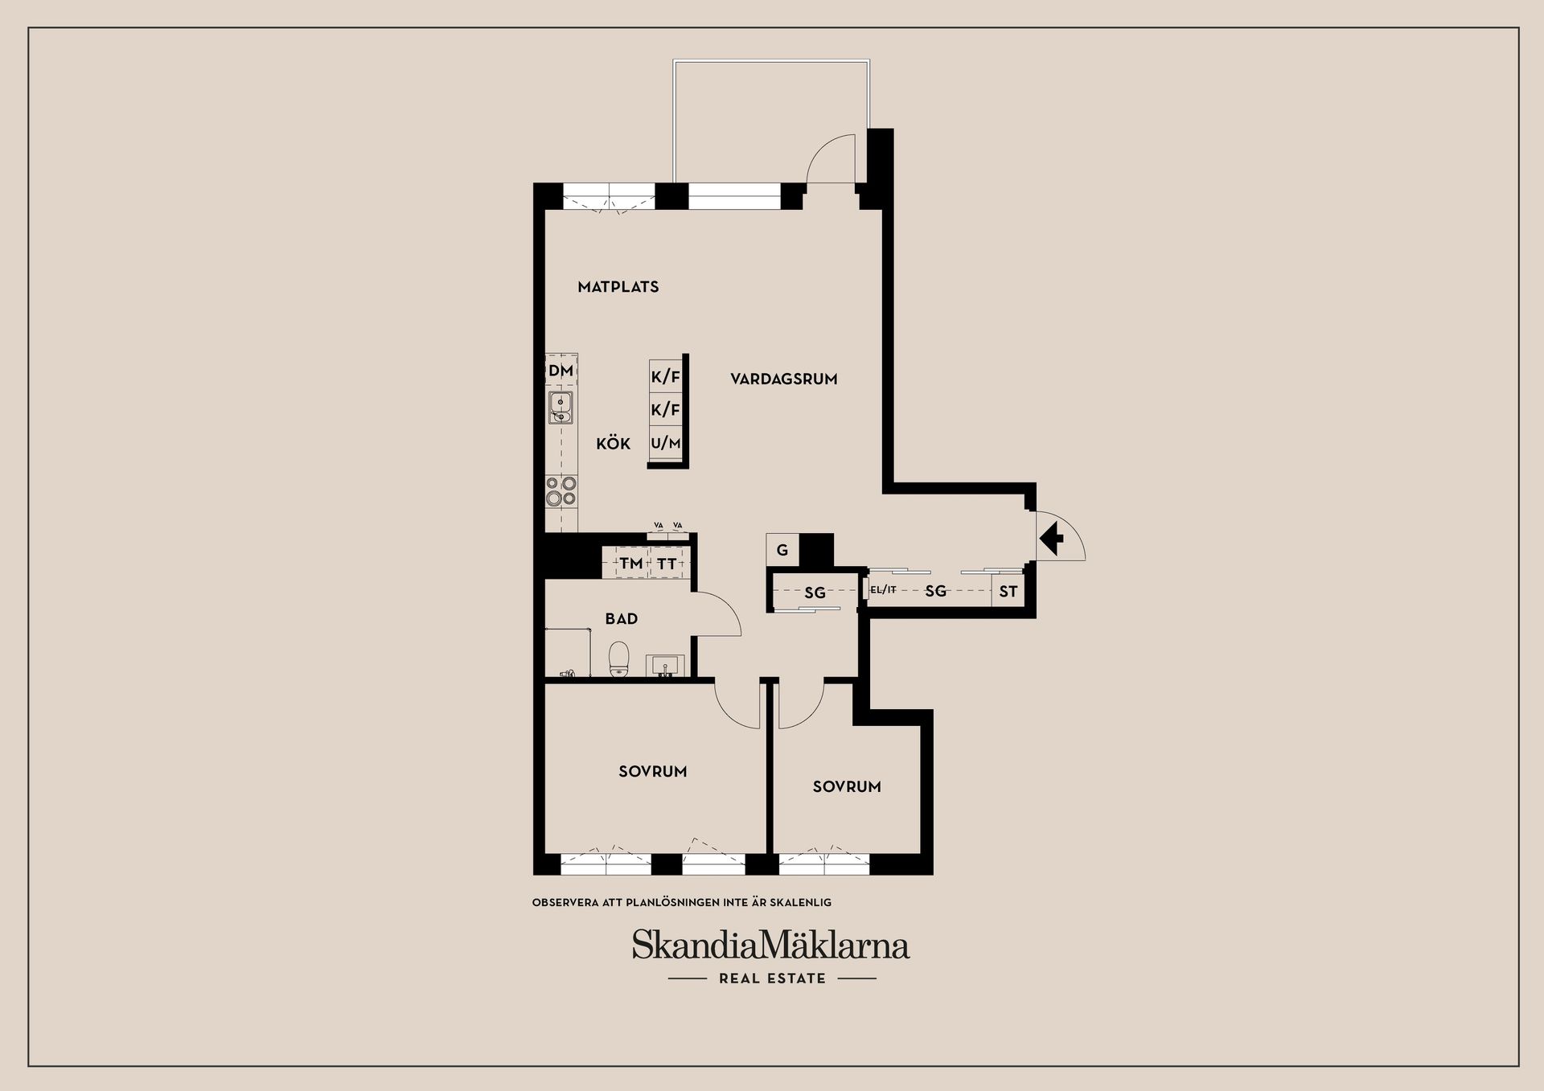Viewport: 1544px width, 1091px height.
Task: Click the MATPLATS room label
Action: [618, 287]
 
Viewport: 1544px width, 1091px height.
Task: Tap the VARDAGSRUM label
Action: [783, 379]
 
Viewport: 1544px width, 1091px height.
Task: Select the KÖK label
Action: [613, 444]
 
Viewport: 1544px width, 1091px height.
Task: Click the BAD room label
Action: [621, 619]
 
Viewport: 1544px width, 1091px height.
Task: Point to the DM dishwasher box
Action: [561, 371]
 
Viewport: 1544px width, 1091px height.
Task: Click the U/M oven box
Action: [665, 443]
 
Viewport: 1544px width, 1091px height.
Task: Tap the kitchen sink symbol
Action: [561, 408]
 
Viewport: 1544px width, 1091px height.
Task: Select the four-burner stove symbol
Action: [561, 490]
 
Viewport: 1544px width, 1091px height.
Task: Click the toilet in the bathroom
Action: [618, 659]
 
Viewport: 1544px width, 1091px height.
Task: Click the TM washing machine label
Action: [630, 564]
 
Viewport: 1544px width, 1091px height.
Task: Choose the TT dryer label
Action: [667, 564]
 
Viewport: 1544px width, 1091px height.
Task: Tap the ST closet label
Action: [1008, 592]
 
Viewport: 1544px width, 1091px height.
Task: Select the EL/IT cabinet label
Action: [883, 590]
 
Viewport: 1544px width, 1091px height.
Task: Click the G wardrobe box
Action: [782, 551]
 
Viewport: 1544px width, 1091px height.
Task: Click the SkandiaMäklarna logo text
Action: [770, 945]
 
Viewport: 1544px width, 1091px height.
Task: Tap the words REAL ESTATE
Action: [772, 978]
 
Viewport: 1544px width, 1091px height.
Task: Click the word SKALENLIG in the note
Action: [800, 903]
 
